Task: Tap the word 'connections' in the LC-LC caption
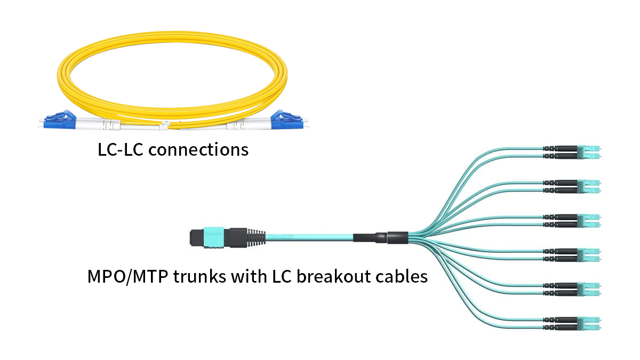pyautogui.click(x=198, y=150)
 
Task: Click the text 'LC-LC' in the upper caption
pyautogui.click(x=120, y=150)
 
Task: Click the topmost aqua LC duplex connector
pyautogui.click(x=588, y=152)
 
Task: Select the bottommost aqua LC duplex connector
pyautogui.click(x=588, y=323)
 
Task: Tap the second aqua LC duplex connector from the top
pyautogui.click(x=588, y=186)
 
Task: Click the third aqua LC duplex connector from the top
pyautogui.click(x=588, y=221)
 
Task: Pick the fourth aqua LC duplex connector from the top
pyautogui.click(x=588, y=255)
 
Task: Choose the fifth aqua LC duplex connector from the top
pyautogui.click(x=588, y=289)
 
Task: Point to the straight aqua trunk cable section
pyautogui.click(x=309, y=238)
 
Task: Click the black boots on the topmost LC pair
pyautogui.click(x=560, y=152)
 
